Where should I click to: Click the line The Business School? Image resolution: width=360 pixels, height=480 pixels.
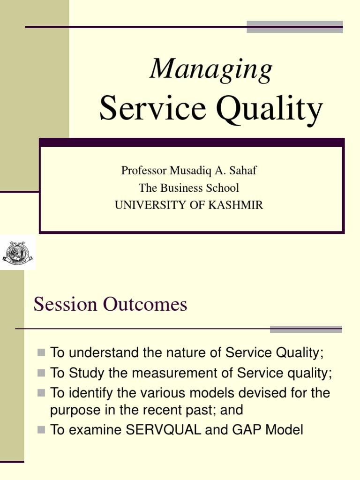189,188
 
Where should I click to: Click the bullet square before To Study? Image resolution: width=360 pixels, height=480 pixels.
41,373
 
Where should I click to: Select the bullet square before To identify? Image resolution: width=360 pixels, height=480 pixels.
41,393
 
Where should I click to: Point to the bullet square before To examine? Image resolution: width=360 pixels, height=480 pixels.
41,429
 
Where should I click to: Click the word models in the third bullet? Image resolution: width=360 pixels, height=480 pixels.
213,393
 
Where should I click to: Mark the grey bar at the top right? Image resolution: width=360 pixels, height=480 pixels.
295,27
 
